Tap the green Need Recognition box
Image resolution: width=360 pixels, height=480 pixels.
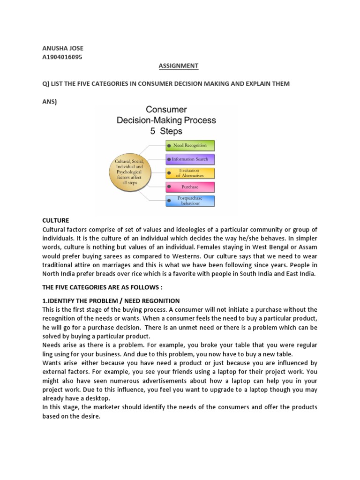[189, 145]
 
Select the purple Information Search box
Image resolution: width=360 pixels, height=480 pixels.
[189, 159]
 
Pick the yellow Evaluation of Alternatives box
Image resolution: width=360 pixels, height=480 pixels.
[189, 173]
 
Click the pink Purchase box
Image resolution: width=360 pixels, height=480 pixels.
[189, 187]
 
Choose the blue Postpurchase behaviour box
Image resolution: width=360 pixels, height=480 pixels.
[189, 201]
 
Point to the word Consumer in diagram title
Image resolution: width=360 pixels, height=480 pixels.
[166, 110]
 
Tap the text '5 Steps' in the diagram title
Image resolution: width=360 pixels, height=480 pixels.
[166, 131]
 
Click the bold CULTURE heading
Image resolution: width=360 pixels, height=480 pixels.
[56, 220]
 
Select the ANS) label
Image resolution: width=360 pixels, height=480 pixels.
[49, 101]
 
